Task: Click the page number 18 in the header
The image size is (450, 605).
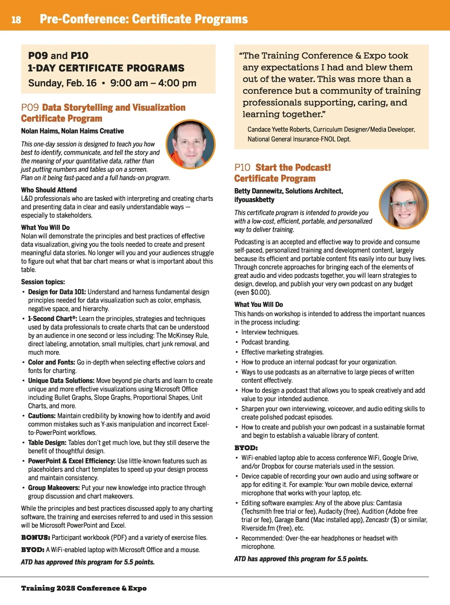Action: pyautogui.click(x=16, y=20)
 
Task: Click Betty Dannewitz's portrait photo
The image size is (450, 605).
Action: pyautogui.click(x=403, y=204)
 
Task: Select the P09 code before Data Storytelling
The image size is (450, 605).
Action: pyautogui.click(x=30, y=108)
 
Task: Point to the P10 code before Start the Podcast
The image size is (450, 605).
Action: pyautogui.click(x=242, y=168)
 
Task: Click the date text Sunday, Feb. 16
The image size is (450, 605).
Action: pyautogui.click(x=62, y=83)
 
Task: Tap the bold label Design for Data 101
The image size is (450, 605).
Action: pyautogui.click(x=57, y=292)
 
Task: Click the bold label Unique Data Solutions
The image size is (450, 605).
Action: pyautogui.click(x=61, y=380)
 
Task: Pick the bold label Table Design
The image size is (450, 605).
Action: pyautogui.click(x=47, y=443)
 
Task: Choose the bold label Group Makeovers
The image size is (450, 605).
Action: pyautogui.click(x=54, y=488)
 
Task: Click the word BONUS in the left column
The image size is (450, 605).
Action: pyautogui.click(x=35, y=537)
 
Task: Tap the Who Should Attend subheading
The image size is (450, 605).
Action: pyautogui.click(x=49, y=190)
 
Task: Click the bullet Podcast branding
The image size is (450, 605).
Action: pyautogui.click(x=265, y=342)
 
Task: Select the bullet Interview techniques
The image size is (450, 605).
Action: pyautogui.click(x=270, y=332)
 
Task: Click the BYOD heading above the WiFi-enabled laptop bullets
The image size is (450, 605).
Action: pyautogui.click(x=246, y=448)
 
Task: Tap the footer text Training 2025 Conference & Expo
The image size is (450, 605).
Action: pyautogui.click(x=84, y=588)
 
